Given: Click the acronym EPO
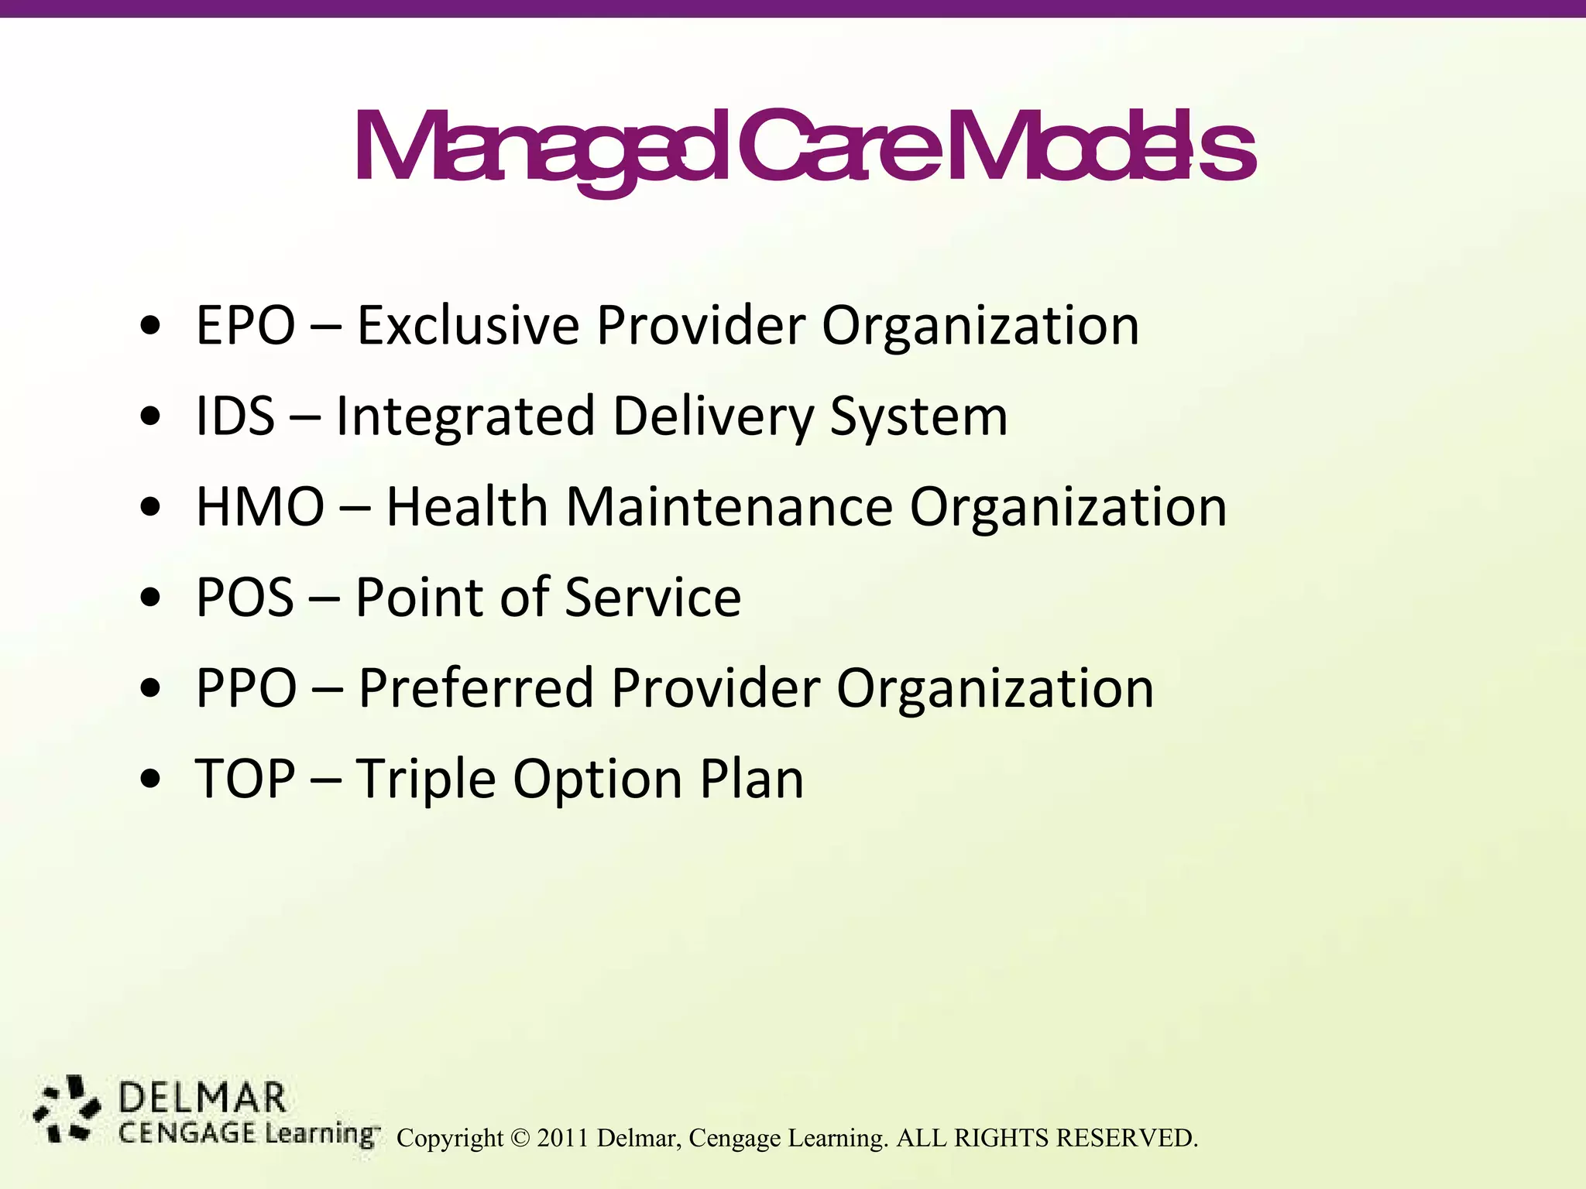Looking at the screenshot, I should click(245, 326).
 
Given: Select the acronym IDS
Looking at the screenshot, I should click(235, 416).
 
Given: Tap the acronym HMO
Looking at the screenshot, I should click(260, 507).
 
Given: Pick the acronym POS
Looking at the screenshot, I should click(245, 598).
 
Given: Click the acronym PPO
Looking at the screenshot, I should click(246, 688).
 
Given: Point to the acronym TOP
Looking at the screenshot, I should click(245, 779).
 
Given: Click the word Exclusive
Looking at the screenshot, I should click(468, 326).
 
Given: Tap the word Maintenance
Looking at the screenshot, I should click(729, 507).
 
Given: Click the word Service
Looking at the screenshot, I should click(652, 598).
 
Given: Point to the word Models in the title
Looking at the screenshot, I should click(1100, 149).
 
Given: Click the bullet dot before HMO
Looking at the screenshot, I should click(151, 509).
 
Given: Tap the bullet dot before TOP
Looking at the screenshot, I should click(151, 779).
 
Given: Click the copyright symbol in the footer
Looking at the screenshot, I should click(520, 1138).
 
